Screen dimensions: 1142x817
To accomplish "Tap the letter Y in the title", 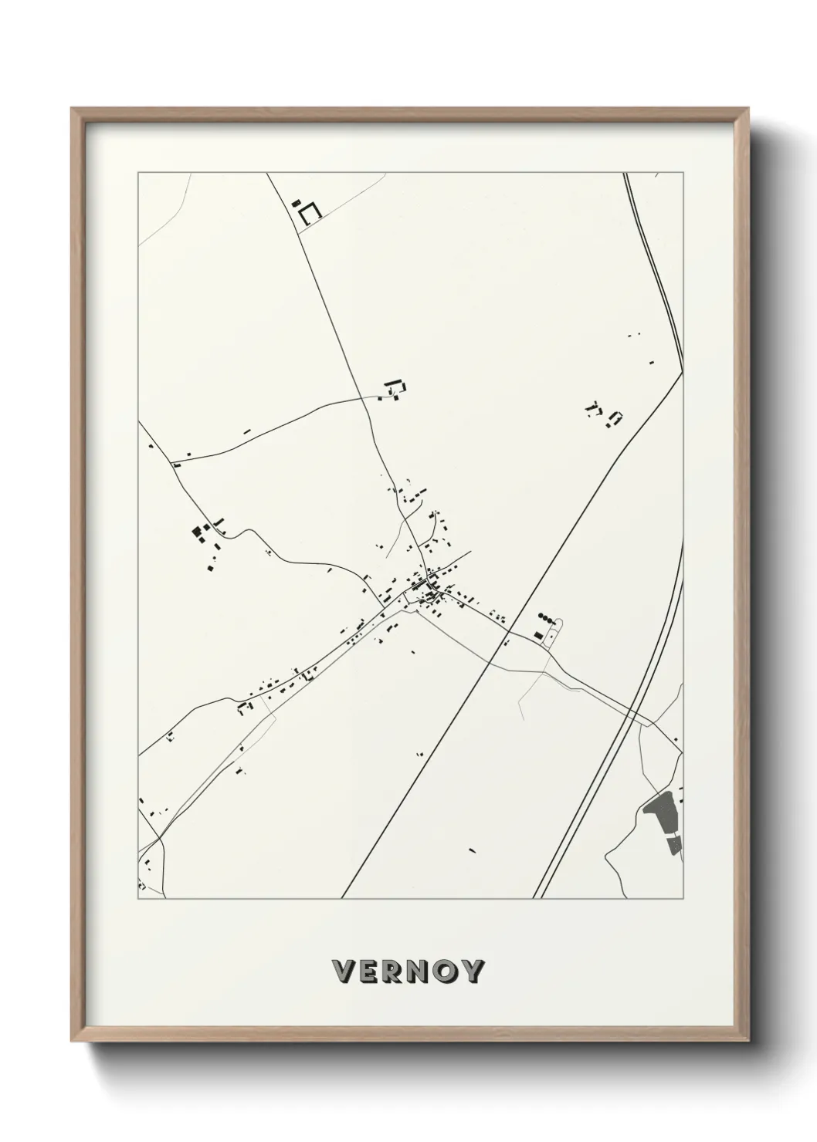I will coord(473,971).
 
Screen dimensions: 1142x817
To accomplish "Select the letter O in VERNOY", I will coord(446,971).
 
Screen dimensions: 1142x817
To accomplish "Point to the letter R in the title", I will coord(394,971).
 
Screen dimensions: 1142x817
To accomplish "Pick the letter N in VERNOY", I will coord(420,971).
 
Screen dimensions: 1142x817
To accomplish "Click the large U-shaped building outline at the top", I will coord(310,214).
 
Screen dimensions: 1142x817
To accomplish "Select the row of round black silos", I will coord(547,617).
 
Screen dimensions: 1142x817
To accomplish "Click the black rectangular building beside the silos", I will coord(537,634).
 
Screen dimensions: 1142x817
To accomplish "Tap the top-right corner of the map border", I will coord(684,173).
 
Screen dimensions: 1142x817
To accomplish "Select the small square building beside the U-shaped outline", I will coord(296,203).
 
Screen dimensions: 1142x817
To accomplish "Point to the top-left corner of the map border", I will coord(138,173).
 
